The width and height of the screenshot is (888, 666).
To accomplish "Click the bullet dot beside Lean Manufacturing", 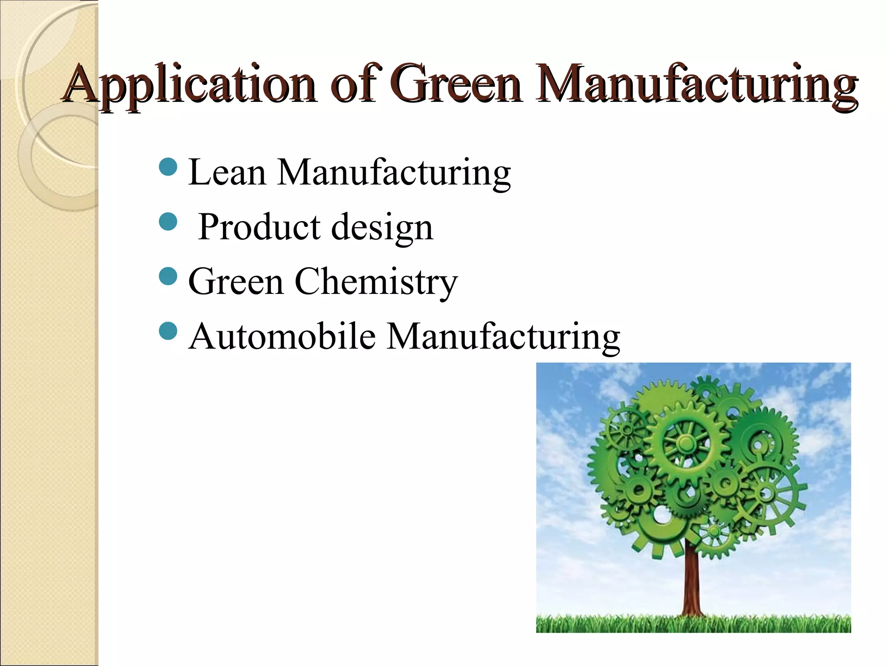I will tap(168, 166).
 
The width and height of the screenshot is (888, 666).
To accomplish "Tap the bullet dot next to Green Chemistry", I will tap(168, 276).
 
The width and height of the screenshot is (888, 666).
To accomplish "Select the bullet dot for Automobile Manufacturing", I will tap(168, 331).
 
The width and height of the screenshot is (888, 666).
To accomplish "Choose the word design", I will tap(382, 228).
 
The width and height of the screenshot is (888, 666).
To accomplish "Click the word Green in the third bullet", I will tap(236, 282).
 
